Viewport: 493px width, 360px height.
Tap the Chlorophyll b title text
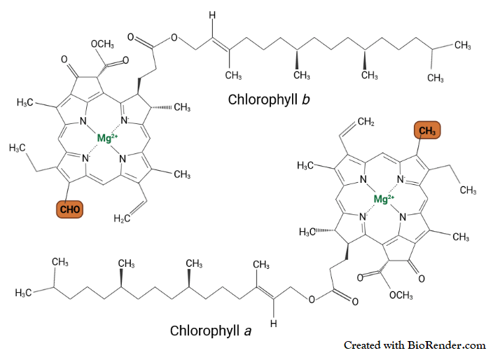tap(270, 99)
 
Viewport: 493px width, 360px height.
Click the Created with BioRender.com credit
tap(415, 345)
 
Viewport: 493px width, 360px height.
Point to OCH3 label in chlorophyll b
tap(103, 44)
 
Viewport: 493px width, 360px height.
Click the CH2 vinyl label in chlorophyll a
tap(369, 123)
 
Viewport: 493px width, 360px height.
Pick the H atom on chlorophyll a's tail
tap(275, 324)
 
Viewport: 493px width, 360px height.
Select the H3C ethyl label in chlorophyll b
tap(19, 148)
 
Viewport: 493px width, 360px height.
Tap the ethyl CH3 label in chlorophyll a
tap(468, 191)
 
